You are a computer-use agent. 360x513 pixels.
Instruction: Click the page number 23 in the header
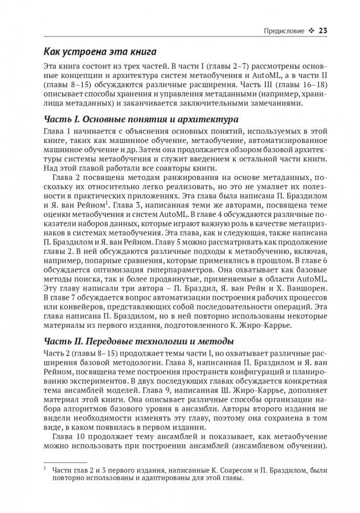[323, 30]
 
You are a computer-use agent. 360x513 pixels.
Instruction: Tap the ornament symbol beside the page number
[310, 30]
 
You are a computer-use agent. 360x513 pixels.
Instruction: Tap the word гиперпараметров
[182, 270]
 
